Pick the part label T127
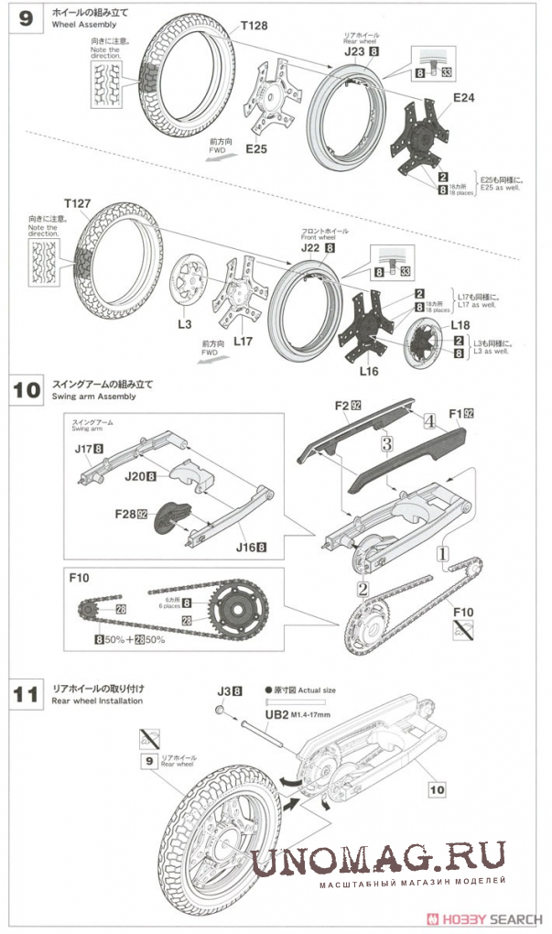click(81, 202)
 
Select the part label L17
click(243, 342)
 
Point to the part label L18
click(459, 325)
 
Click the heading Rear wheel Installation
click(97, 701)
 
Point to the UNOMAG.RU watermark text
click(377, 861)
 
